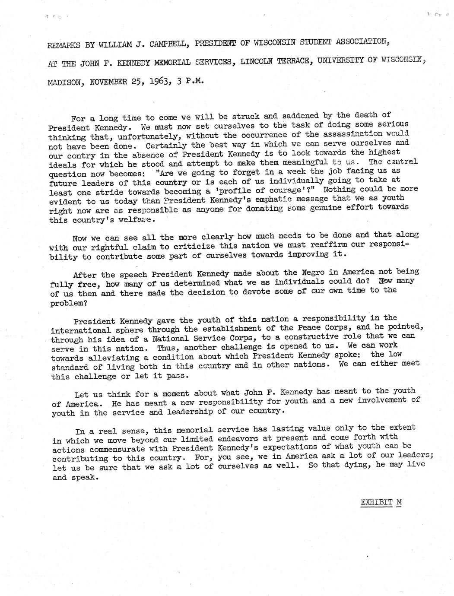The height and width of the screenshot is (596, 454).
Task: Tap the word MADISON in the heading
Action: pos(64,82)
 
